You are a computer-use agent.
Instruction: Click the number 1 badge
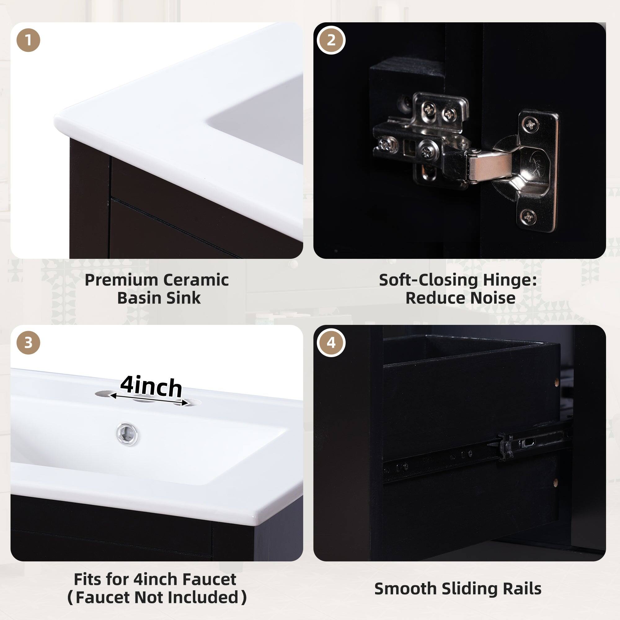(x=28, y=40)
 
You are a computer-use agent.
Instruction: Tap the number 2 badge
(x=331, y=40)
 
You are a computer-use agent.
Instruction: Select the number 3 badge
(x=28, y=343)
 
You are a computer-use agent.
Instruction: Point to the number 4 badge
(x=331, y=343)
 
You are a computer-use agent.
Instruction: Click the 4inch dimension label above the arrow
(x=151, y=387)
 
